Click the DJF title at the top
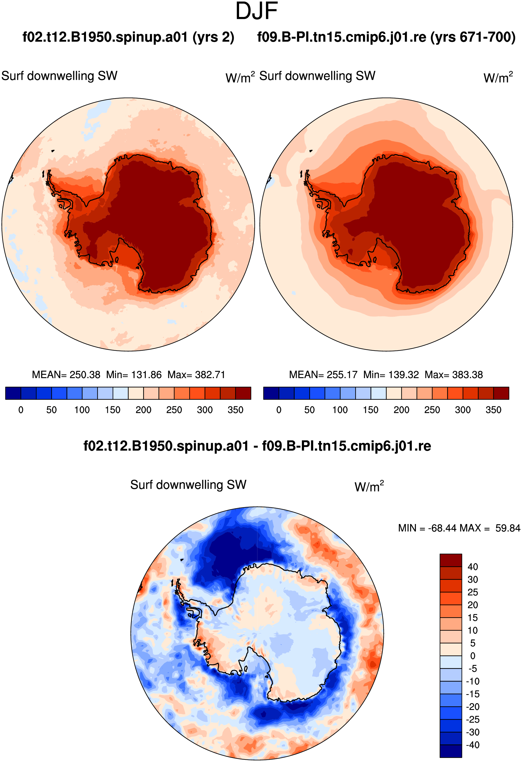tap(257, 11)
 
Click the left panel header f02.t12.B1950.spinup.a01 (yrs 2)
tap(128, 37)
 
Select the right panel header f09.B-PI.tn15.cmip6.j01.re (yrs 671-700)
tap(386, 37)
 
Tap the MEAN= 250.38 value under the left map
tap(66, 375)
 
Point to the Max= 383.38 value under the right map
tap(454, 375)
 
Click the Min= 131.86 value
tap(134, 375)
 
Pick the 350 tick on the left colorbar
tap(235, 410)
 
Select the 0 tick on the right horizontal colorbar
tap(279, 410)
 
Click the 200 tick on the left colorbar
tap(143, 410)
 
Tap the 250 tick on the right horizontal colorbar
tap(432, 410)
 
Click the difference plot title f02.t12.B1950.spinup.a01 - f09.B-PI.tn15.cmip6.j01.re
tap(257, 446)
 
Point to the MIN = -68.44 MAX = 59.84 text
tap(459, 528)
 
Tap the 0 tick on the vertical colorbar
tap(472, 656)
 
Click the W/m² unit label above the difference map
tap(369, 486)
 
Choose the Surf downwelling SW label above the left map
tap(59, 76)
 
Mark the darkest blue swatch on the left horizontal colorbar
tap(13, 393)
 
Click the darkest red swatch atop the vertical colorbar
tap(451, 560)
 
